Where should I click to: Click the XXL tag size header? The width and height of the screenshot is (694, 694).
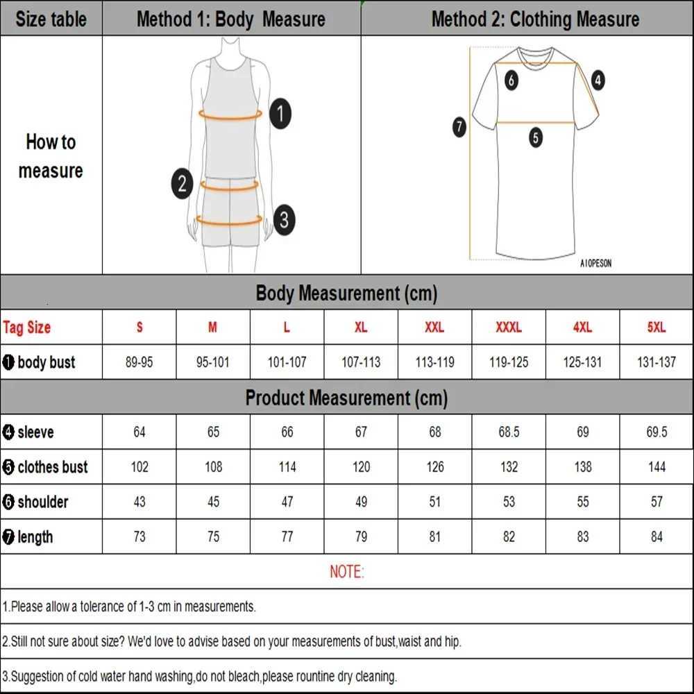click(434, 328)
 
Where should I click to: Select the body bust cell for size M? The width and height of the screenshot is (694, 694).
click(213, 362)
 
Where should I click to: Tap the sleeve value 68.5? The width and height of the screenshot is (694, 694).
click(509, 432)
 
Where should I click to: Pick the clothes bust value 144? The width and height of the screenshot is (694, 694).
click(657, 467)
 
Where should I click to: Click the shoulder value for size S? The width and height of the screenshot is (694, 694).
click(139, 502)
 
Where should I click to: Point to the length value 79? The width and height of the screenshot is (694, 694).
click(361, 536)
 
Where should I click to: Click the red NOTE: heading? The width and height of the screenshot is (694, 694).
click(346, 572)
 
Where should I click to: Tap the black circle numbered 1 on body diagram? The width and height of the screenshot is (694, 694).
click(280, 113)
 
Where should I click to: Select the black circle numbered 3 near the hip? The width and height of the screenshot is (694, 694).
click(284, 221)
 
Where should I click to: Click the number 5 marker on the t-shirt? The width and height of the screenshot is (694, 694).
click(535, 137)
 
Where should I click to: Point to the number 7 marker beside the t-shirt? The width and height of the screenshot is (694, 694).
click(459, 127)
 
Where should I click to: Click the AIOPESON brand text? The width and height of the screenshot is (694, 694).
click(595, 264)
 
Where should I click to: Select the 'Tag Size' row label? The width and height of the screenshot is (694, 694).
click(27, 328)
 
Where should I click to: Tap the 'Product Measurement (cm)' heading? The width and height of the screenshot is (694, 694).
click(346, 398)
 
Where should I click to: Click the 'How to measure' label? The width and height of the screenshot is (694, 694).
click(51, 156)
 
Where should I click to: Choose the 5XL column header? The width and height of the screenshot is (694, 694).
click(657, 328)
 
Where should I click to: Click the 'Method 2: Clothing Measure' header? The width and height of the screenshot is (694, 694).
click(535, 19)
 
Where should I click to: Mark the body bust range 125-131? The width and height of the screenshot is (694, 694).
click(583, 362)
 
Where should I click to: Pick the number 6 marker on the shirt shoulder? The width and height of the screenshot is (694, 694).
click(511, 81)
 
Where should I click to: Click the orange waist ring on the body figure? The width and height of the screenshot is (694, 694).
click(230, 185)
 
